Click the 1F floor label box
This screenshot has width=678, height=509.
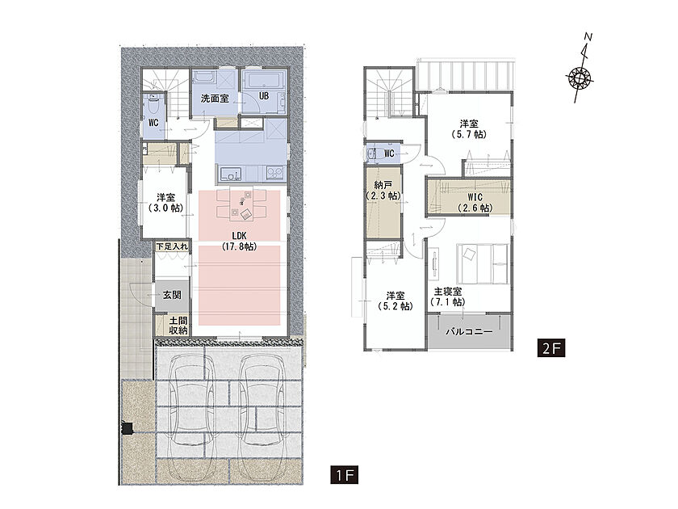(x=344, y=475)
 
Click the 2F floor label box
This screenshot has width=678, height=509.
(x=550, y=347)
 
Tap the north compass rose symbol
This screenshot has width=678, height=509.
(x=580, y=78)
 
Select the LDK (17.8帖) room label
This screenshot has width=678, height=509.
(x=239, y=241)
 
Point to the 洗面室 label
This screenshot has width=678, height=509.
(x=215, y=99)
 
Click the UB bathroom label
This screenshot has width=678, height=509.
(x=264, y=95)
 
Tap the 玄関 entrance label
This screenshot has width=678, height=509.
(x=172, y=295)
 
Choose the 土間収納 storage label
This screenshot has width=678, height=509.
(x=178, y=326)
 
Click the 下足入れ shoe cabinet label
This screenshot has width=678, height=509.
(x=172, y=246)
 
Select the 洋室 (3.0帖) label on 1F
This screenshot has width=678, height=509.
(x=165, y=203)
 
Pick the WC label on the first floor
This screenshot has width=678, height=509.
(x=153, y=123)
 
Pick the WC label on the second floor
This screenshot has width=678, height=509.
(x=389, y=154)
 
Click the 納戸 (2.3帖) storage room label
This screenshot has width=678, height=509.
(x=383, y=190)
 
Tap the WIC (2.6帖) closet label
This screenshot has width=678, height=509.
(x=475, y=203)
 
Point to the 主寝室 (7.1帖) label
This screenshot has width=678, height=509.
(x=448, y=297)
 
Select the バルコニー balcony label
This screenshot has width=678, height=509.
(x=469, y=332)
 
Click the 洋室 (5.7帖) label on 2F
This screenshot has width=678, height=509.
(x=469, y=129)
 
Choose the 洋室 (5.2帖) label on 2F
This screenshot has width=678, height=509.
(x=395, y=301)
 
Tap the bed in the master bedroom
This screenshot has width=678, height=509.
(x=483, y=264)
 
